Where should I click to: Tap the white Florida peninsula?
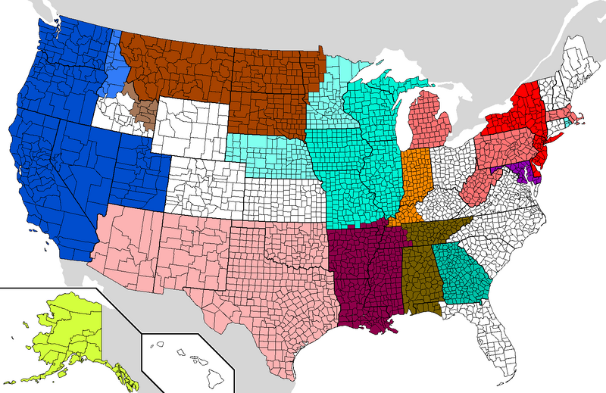pos(500,333)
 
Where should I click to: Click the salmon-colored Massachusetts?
pos(564,114)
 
